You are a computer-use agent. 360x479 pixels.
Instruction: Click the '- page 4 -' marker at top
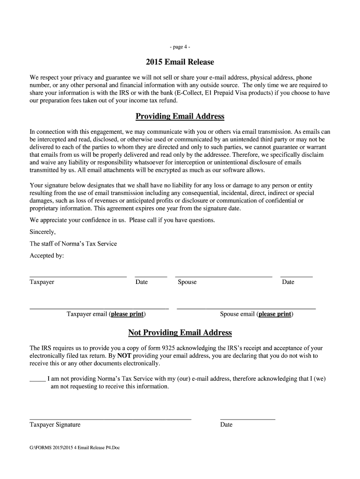coord(180,47)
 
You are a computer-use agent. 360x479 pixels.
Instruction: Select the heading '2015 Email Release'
coord(180,62)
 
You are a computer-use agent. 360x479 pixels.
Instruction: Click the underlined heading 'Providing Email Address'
coord(180,116)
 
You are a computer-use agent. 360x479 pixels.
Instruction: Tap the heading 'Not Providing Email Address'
coord(180,333)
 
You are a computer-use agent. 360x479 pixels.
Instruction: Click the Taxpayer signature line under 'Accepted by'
coord(78,276)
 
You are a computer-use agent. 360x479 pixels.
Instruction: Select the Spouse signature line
coord(223,276)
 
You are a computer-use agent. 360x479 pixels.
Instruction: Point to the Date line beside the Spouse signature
coord(296,276)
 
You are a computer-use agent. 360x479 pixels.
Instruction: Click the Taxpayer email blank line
coord(99,308)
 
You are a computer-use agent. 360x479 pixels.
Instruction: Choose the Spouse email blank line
coord(246,308)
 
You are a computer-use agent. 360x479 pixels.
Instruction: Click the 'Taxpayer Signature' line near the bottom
coord(110,419)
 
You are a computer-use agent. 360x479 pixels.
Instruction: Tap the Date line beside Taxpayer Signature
coord(247,419)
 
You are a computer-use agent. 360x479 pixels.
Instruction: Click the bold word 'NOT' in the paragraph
coord(124,356)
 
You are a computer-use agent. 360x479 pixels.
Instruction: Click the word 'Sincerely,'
coord(43,232)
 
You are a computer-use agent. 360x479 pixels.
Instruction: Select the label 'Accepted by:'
coord(47,256)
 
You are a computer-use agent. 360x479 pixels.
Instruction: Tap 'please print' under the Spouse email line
coord(275,314)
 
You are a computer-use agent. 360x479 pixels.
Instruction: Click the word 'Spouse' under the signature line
coord(187,282)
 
